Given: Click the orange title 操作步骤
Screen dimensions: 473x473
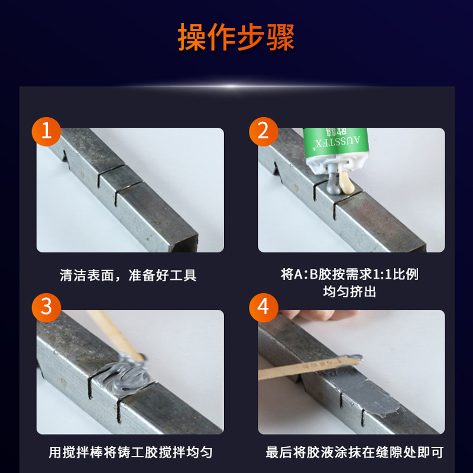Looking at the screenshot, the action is (236, 37).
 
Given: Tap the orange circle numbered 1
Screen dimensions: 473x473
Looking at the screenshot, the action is (47, 131).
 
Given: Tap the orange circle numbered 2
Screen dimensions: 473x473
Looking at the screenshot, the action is (263, 131).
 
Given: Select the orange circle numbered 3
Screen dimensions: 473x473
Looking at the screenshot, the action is (47, 307).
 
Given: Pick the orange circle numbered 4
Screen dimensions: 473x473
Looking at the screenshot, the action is (263, 307).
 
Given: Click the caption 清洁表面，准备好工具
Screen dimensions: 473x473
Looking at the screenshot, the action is (128, 275).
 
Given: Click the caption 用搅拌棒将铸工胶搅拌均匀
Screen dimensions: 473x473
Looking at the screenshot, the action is (131, 452).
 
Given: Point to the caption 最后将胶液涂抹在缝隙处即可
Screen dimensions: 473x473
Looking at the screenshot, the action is (354, 452).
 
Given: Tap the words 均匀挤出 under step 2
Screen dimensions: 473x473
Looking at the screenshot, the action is (349, 291).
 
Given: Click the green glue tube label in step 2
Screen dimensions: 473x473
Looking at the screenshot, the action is (336, 142).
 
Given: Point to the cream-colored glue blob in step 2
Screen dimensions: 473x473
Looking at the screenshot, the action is (345, 182).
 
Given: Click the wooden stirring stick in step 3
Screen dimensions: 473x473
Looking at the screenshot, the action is (115, 335).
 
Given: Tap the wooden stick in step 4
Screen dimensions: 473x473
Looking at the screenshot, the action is (309, 367).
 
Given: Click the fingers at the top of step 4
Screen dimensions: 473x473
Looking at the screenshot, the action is (320, 315).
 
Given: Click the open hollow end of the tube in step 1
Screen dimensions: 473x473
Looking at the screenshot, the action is (184, 244).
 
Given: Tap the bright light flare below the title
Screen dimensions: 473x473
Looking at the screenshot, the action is (232, 86).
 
